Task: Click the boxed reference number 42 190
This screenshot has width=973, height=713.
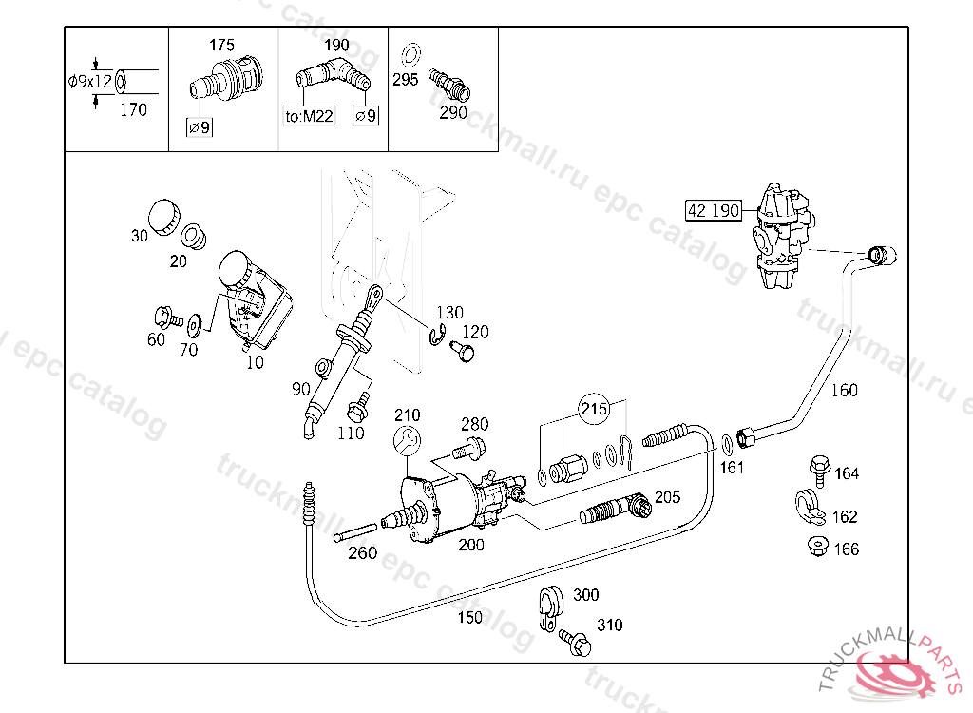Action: pyautogui.click(x=714, y=210)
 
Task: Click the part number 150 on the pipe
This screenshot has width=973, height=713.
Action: pyautogui.click(x=469, y=617)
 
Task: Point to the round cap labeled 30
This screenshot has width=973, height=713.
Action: pyautogui.click(x=165, y=217)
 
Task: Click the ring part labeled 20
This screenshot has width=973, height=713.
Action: pyautogui.click(x=196, y=234)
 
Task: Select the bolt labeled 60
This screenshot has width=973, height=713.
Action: pyautogui.click(x=163, y=316)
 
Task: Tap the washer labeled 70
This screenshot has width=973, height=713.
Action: pyautogui.click(x=197, y=323)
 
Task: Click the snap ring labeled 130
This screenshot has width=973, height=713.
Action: pyautogui.click(x=436, y=337)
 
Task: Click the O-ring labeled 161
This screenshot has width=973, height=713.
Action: pyautogui.click(x=727, y=442)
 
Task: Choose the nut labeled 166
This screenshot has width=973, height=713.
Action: pyautogui.click(x=815, y=547)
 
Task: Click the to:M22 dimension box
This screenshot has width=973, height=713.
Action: pyautogui.click(x=310, y=116)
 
